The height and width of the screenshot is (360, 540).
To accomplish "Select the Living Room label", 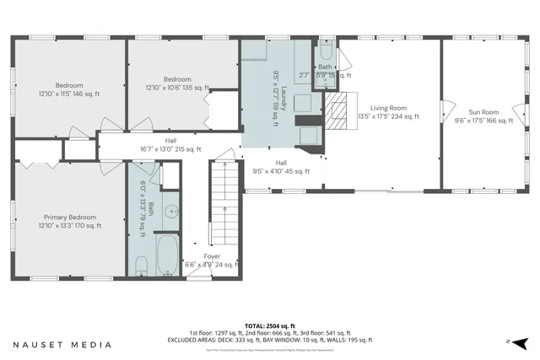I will click(388, 108).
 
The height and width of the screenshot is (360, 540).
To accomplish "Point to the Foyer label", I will click(212, 256).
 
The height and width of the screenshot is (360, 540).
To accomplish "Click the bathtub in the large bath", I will click(167, 256).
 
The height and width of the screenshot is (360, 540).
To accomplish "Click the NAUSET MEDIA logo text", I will click(62, 344).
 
